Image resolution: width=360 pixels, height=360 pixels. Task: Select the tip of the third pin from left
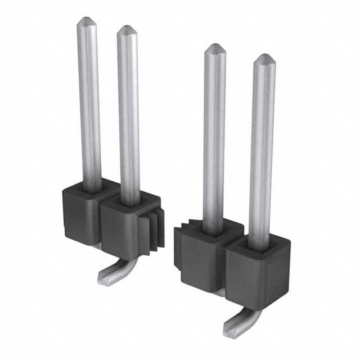(214, 48)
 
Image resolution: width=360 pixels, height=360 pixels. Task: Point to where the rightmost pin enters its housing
(260, 246)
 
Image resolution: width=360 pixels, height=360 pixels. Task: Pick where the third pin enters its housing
(213, 231)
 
